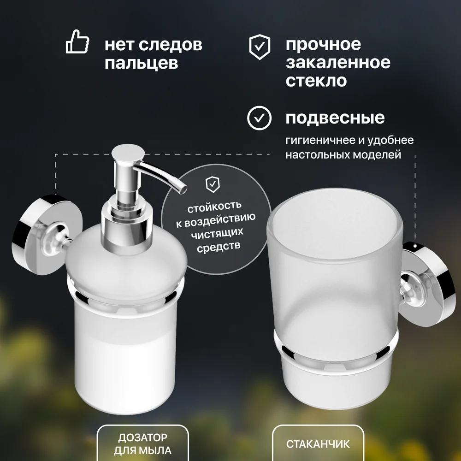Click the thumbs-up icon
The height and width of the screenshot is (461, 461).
click(77, 41)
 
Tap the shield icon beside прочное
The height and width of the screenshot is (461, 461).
click(259, 47)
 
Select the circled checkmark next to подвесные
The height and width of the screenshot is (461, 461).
click(259, 118)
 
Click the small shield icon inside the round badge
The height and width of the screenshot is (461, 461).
click(213, 184)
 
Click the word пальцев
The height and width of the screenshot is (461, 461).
click(142, 63)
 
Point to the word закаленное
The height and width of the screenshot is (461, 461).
click(338, 62)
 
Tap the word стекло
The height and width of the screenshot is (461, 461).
click(316, 81)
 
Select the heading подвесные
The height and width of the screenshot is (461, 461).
click(335, 118)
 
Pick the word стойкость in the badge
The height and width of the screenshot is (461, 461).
click(214, 206)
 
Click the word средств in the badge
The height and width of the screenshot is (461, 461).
click(219, 246)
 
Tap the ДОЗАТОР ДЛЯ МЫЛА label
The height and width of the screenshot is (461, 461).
click(143, 444)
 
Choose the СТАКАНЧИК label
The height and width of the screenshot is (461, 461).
click(318, 444)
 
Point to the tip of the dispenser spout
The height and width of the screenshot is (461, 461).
click(184, 189)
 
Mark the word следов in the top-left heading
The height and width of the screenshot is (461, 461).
click(170, 45)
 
